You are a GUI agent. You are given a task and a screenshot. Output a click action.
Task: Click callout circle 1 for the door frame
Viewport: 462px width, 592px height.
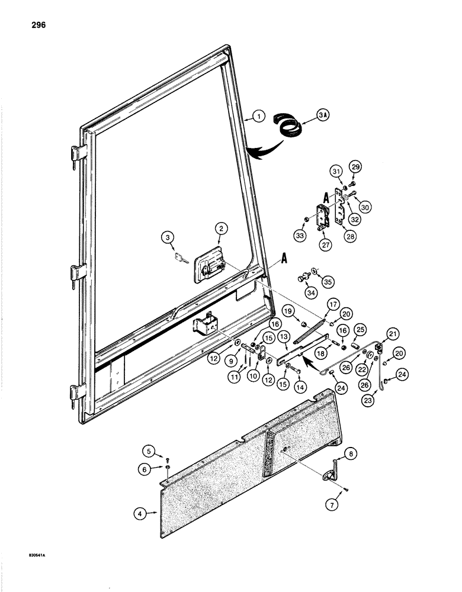[x=258, y=117]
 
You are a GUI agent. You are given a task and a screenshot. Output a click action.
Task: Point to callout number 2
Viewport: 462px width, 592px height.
[x=220, y=228]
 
